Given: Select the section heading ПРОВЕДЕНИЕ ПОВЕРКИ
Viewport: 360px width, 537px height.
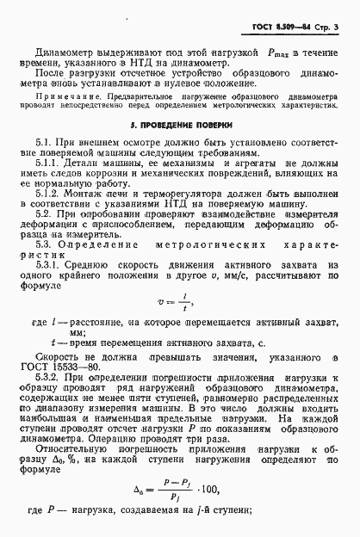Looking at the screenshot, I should (x=181, y=127).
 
